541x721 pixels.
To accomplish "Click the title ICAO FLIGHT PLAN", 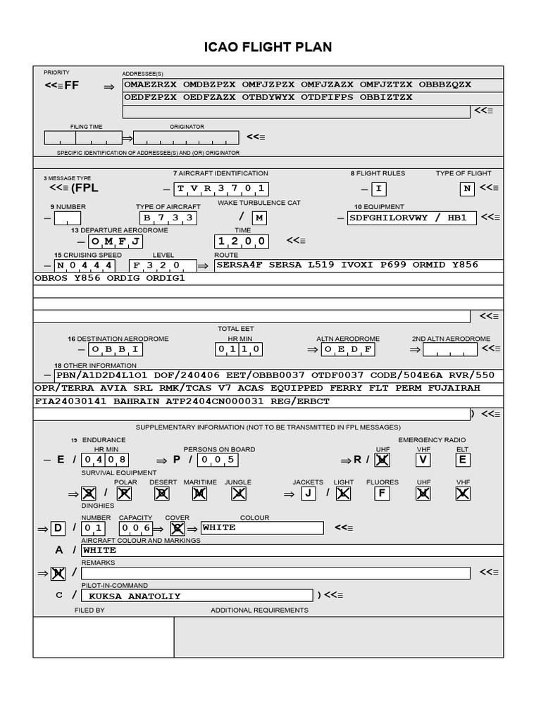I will pos(268,47).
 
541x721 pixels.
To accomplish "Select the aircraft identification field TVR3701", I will pos(221,189).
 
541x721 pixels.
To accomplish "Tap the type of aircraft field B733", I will pos(168,218).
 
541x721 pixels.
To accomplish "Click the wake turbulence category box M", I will pos(259,218).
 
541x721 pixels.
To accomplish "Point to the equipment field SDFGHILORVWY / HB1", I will pos(411,218).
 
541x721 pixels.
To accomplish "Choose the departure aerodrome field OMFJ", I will pos(116,242).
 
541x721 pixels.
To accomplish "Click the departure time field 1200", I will pos(242,242).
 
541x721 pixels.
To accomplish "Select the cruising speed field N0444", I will pos(85,265).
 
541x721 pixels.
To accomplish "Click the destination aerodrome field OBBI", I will pos(116,349).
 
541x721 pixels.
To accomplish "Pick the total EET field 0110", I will pos(239,349).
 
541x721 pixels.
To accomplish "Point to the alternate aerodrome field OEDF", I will pos(348,349).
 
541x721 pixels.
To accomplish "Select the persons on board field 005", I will pos(217,460).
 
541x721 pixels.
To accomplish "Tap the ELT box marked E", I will pos(463,460).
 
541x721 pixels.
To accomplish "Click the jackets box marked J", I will pos(308,494).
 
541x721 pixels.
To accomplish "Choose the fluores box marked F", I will pos(383,494).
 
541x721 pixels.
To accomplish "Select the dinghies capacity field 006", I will pos(136,527).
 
